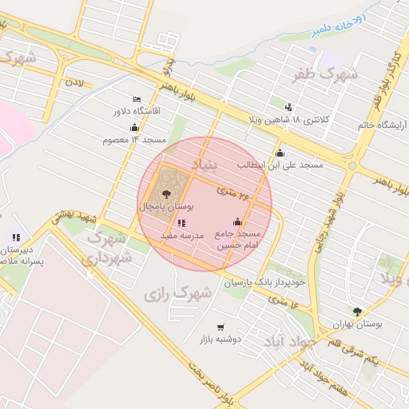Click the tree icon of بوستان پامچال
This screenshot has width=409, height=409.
[167, 194]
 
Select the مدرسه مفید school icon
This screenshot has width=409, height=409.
[182, 224]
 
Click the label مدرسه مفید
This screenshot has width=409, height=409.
[183, 236]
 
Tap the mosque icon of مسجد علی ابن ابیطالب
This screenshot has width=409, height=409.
[280, 153]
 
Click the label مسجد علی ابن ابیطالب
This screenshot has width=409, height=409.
[280, 165]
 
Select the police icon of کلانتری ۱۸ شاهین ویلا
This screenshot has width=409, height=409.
[288, 107]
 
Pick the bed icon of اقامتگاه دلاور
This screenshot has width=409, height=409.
[135, 99]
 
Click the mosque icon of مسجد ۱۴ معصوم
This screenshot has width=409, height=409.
[135, 128]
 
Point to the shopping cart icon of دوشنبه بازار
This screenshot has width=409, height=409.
[220, 327]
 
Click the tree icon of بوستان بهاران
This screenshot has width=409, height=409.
[357, 312]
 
